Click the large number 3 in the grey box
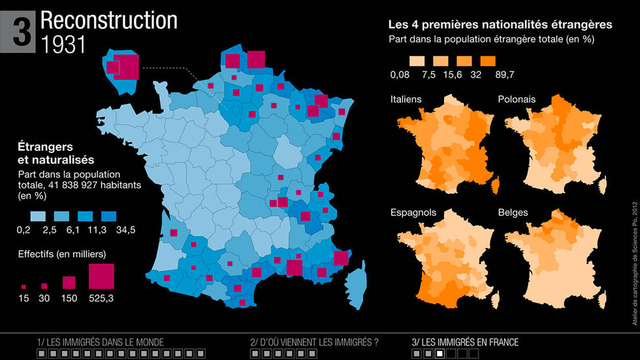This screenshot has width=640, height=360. click(22, 32)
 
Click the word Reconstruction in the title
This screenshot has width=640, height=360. click(109, 21)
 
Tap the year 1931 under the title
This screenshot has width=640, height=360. click(63, 44)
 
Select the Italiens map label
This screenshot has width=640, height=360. click(406, 99)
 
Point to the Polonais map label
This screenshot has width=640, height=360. click(517, 99)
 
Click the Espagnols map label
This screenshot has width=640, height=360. click(413, 212)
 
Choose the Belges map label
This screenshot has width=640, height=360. click(513, 212)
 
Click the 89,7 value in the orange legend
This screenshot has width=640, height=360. click(504, 74)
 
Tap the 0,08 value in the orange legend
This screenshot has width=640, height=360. click(400, 74)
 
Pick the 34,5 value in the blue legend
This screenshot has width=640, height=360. click(125, 230)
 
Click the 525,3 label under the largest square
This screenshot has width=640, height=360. click(101, 299)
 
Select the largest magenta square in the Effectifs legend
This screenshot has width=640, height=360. click(101, 276)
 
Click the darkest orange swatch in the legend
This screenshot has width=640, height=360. click(488, 61)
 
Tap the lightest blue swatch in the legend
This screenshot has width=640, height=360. click(38, 216)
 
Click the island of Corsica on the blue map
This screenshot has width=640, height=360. click(355, 286)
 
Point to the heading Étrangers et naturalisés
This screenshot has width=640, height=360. click(56, 153)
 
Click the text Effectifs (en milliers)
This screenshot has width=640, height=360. click(62, 254)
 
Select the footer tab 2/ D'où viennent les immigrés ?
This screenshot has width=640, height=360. click(314, 342)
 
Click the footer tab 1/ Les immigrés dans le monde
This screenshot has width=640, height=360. click(101, 342)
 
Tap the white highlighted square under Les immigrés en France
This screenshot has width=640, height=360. click(440, 353)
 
